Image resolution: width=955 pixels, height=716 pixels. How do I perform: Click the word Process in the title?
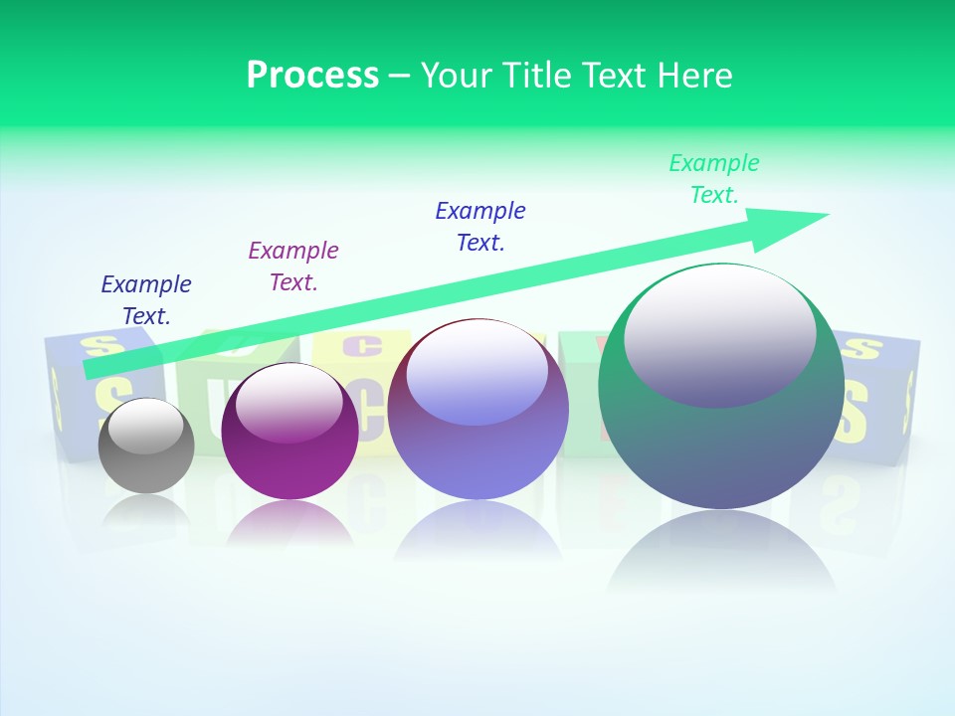(312, 76)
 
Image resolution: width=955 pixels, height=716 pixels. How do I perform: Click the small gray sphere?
(146, 461)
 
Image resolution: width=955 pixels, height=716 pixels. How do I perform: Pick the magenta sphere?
(289, 457)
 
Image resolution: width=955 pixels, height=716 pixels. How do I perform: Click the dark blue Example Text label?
(146, 299)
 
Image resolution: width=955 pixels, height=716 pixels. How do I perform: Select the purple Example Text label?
(293, 266)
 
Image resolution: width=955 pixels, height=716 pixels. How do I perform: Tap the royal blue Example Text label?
(480, 226)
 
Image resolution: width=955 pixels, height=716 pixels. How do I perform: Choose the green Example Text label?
(714, 178)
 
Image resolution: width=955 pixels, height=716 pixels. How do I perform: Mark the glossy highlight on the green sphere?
(719, 333)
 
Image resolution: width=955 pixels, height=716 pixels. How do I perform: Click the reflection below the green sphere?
(721, 557)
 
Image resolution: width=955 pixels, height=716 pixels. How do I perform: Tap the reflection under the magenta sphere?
(289, 522)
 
